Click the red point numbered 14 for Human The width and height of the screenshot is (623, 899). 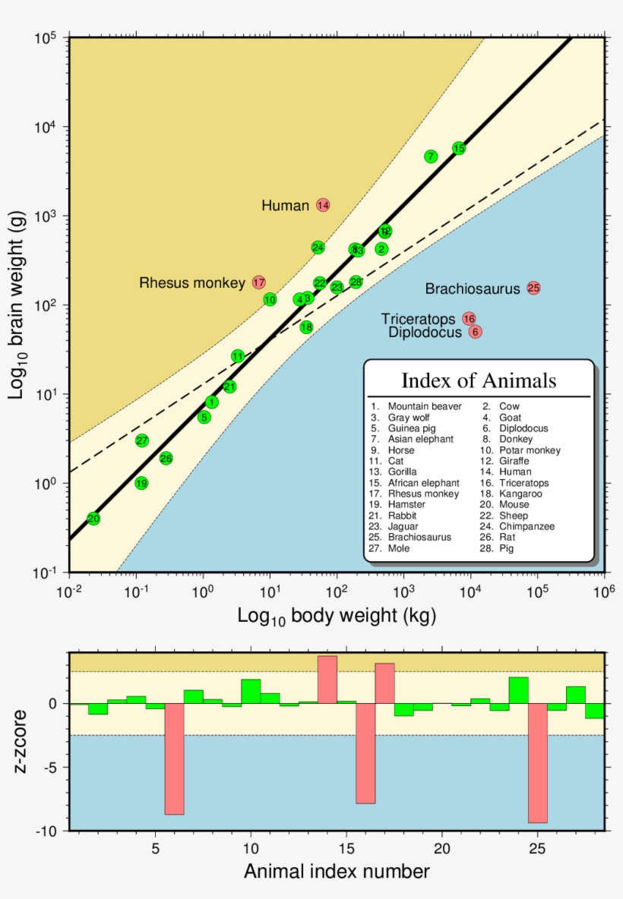pos(323,205)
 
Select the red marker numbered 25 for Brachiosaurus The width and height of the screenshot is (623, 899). pos(533,288)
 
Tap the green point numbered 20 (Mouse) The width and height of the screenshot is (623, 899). pos(93,519)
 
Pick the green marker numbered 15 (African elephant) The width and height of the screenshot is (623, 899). pos(458,148)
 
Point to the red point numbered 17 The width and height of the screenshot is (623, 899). pos(259,282)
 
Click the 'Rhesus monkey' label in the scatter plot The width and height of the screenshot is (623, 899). pos(192,283)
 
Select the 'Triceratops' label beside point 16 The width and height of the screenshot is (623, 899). pos(418,319)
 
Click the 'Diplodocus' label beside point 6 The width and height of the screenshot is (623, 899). pos(425,333)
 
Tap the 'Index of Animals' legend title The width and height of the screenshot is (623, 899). pos(479,380)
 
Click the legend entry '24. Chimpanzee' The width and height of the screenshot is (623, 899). pos(527,526)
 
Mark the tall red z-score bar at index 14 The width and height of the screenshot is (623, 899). pos(327,679)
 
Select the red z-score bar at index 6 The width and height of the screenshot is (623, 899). pos(174,759)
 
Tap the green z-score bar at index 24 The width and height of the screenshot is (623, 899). pos(518,689)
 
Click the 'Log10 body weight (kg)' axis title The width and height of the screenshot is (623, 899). pos(337,615)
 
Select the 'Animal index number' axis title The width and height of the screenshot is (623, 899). pos(337,872)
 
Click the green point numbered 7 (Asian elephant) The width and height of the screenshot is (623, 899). pos(431,156)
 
